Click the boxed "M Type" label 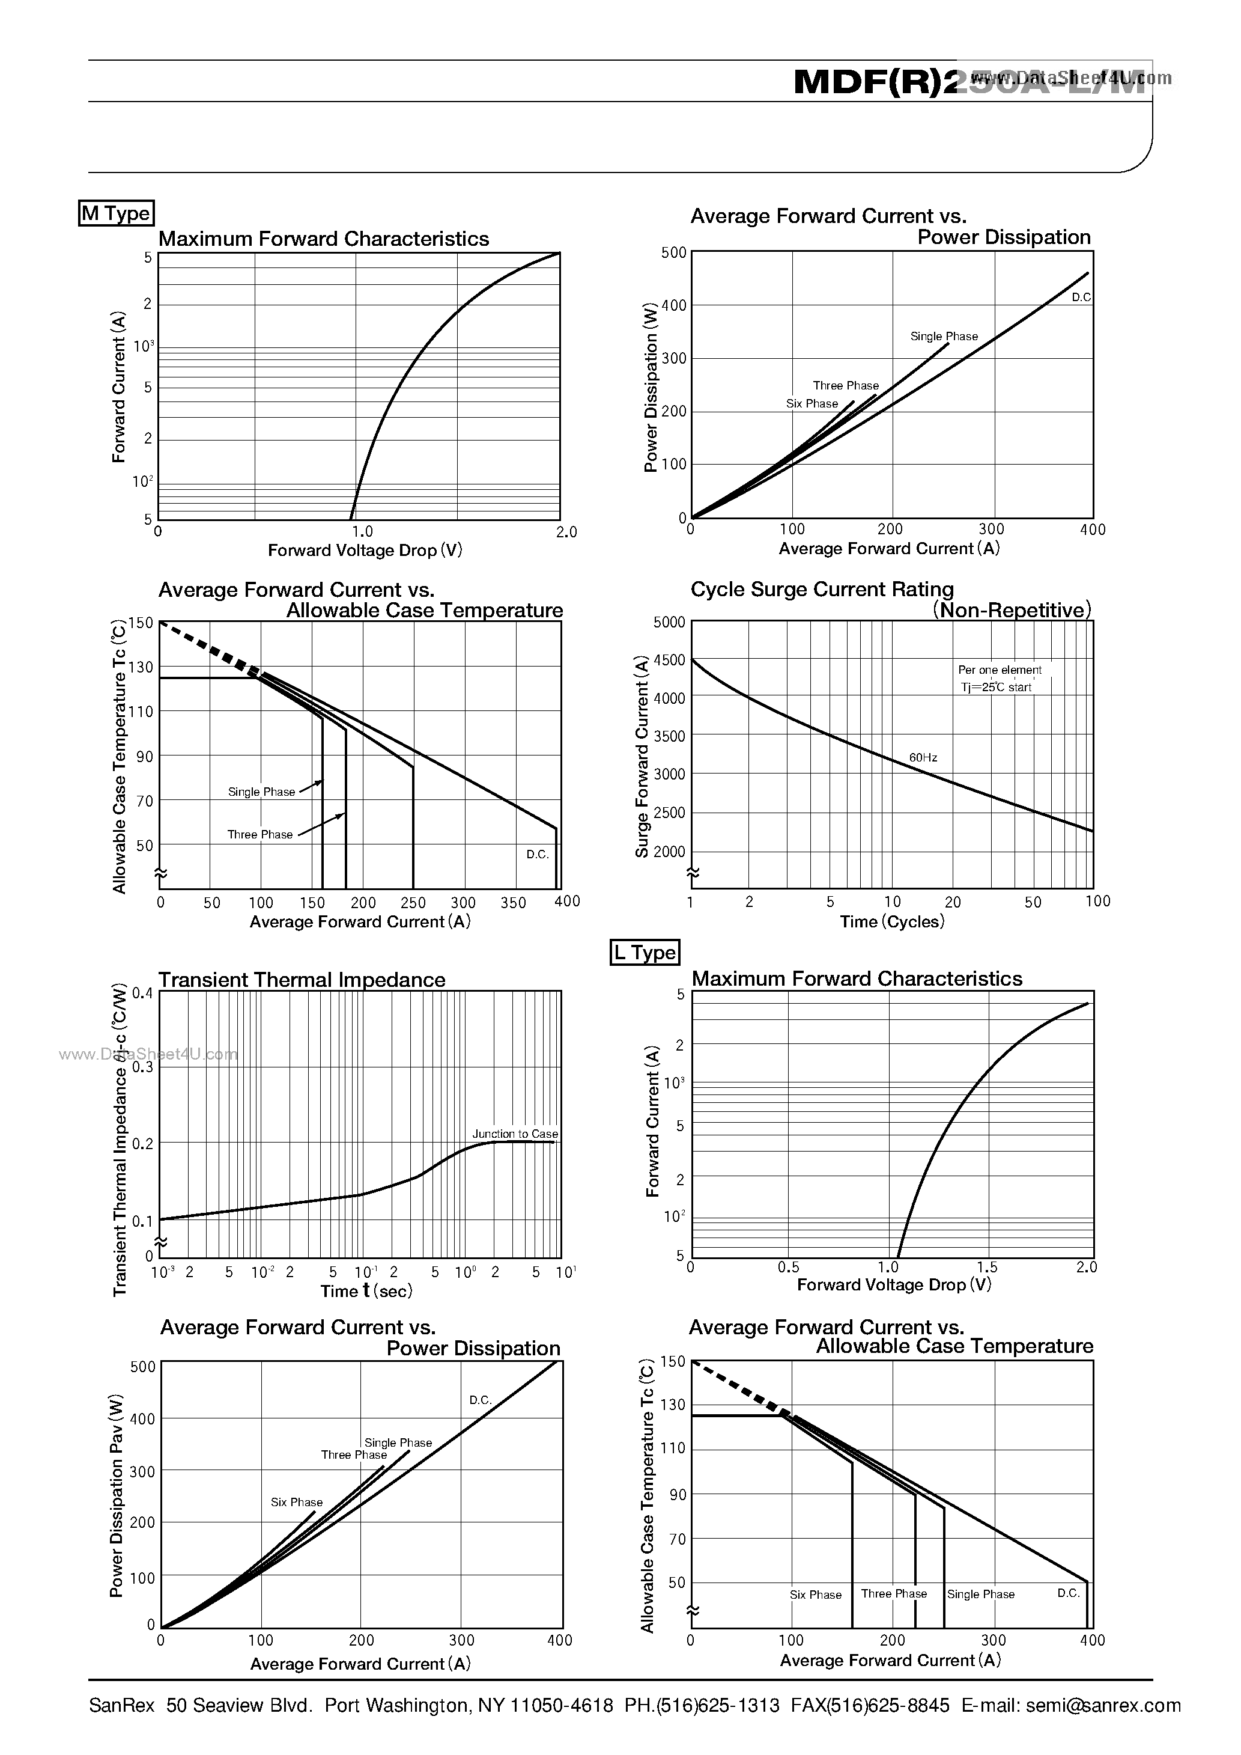point(116,213)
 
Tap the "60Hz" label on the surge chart point(923,757)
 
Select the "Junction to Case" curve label point(515,1134)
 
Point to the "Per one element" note point(1000,670)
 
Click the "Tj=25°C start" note point(997,687)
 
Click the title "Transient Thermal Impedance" point(302,980)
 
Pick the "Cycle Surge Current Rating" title point(822,590)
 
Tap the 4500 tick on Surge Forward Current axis point(669,661)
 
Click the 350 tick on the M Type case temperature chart point(514,903)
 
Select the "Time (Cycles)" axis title point(893,922)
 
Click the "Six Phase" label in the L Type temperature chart point(815,1595)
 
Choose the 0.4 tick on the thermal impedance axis point(142,993)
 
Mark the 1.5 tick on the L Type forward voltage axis point(988,1268)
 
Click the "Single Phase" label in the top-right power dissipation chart point(944,337)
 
